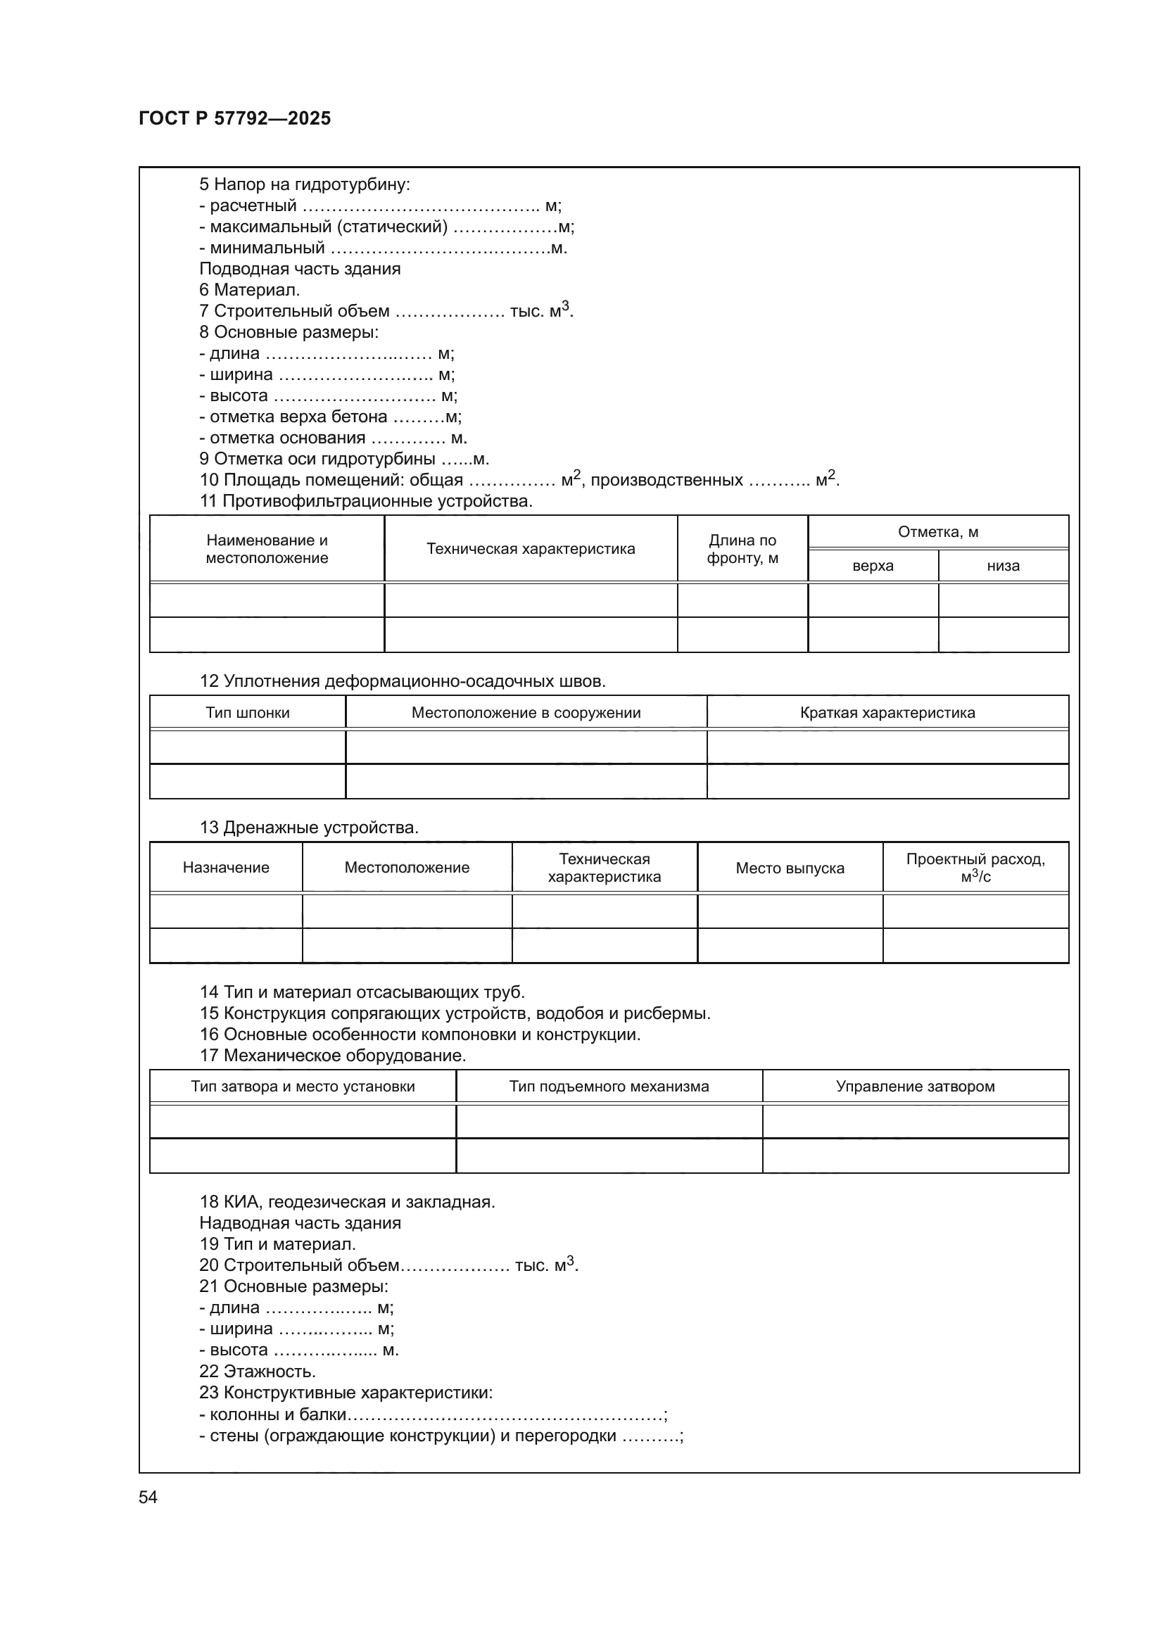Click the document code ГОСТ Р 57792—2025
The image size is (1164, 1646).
[x=234, y=118]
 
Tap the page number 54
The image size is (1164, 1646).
[x=148, y=1497]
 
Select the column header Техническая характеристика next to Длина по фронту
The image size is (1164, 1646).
[x=531, y=549]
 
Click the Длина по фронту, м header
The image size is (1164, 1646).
[x=742, y=549]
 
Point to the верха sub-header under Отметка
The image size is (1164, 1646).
[x=872, y=566]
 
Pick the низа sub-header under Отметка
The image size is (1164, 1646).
[x=1003, y=566]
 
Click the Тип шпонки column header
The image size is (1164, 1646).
[x=247, y=713]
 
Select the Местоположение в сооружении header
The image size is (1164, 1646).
[x=526, y=713]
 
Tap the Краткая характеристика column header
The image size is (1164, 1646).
[x=887, y=713]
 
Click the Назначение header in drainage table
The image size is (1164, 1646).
[x=226, y=868]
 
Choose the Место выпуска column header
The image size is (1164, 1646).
[x=790, y=868]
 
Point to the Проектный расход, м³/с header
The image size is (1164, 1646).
[x=975, y=868]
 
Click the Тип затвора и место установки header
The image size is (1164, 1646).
[x=303, y=1086]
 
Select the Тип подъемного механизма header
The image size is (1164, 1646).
[x=609, y=1086]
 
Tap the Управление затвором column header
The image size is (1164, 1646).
[x=916, y=1086]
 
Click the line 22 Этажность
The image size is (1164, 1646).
[x=258, y=1372]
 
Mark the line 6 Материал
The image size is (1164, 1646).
[x=249, y=291]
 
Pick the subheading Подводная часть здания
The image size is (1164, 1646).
[x=300, y=269]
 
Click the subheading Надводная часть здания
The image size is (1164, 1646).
[x=300, y=1223]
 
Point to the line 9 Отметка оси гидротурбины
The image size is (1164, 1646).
[x=344, y=459]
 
